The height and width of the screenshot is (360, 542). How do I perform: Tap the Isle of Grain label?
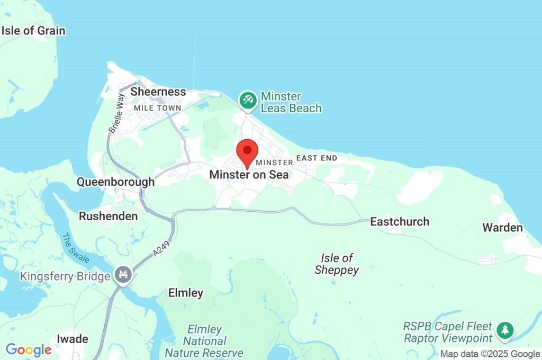[33, 31]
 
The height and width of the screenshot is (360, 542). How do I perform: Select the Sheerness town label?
[158, 92]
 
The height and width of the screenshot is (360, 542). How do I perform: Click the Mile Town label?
[158, 108]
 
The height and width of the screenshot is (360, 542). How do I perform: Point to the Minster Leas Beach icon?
[247, 100]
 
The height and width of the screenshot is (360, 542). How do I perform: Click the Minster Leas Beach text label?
[291, 103]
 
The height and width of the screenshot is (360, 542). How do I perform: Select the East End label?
[317, 158]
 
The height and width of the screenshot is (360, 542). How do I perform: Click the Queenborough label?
[115, 182]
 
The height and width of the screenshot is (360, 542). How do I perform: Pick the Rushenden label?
[108, 216]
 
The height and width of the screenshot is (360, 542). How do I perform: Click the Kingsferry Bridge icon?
[124, 275]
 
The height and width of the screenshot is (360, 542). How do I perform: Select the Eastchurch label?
[400, 221]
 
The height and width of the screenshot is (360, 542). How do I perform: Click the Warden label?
[502, 228]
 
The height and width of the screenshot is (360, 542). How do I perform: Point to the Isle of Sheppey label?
[337, 264]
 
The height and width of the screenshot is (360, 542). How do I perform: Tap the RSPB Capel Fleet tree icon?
[505, 331]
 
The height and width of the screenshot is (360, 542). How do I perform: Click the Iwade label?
[72, 339]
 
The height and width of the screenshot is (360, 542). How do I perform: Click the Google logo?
[29, 350]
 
